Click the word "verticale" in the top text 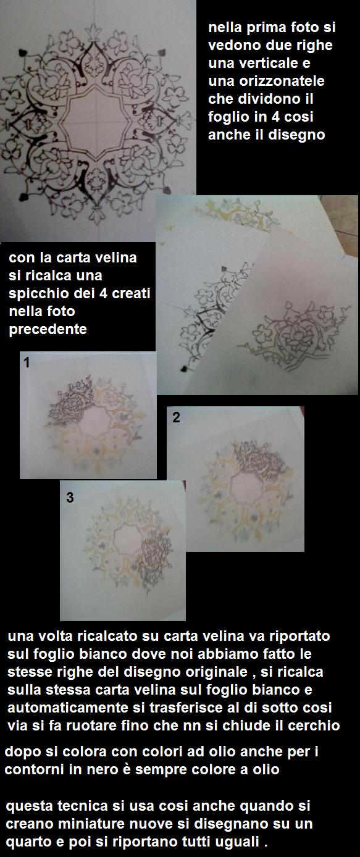[274, 63]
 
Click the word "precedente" [48, 330]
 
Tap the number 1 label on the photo [27, 362]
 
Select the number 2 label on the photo [176, 417]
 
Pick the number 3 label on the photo [70, 498]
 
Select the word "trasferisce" [186, 708]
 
